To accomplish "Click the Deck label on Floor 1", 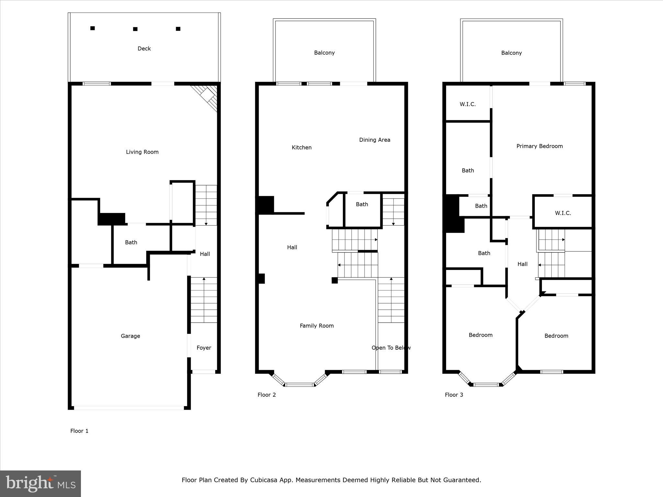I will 144,49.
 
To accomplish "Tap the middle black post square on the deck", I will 135,29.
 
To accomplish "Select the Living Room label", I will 142,152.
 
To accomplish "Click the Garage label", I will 130,336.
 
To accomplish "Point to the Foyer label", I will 204,348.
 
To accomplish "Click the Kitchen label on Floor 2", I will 301,148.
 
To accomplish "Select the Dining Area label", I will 375,140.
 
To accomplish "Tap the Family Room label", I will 317,326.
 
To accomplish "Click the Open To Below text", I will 391,348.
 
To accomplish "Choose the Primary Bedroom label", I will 539,146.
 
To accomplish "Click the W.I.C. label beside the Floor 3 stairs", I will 563,213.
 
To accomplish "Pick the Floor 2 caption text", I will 266,395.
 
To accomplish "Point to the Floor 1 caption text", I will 79,431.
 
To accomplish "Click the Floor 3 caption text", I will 454,395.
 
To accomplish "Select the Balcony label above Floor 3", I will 511,53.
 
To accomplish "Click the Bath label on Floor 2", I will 362,204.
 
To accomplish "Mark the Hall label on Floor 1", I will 205,254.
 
